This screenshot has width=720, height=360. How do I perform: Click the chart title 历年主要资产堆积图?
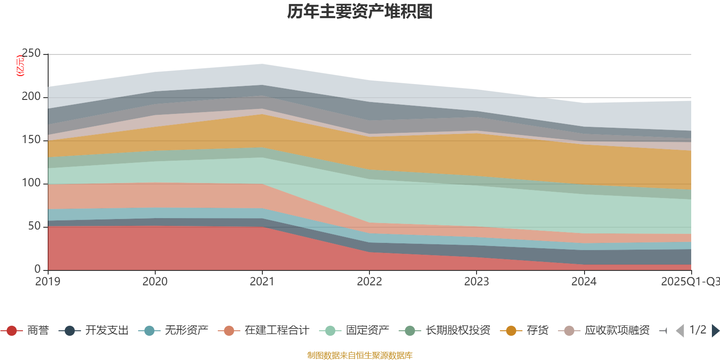360,12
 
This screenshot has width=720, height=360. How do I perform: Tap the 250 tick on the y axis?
31,54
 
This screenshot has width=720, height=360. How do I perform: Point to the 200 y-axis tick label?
31,97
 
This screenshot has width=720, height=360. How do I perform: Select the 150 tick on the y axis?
31,140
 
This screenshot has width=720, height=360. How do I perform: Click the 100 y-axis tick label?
31,183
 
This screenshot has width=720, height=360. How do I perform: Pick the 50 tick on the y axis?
34,226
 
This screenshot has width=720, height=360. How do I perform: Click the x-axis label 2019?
48,282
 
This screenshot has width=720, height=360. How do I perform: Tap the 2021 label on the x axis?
262,282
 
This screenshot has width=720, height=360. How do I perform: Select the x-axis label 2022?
369,282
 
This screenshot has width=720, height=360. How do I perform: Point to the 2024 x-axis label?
584,282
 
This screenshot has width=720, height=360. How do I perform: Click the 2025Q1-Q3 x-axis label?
689,282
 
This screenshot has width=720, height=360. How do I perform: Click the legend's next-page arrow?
715,331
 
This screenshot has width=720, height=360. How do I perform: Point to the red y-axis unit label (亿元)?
20,66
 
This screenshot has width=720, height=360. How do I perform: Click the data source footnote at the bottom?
360,355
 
